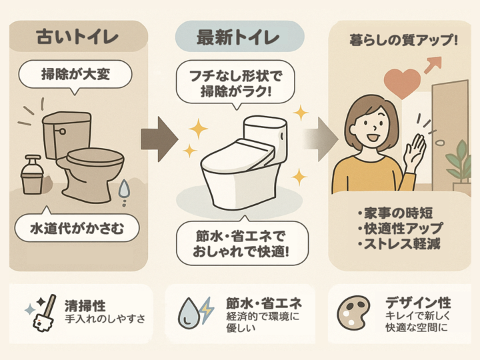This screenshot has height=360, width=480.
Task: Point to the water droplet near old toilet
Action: point(124,191)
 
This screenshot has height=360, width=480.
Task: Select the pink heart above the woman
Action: point(402,84)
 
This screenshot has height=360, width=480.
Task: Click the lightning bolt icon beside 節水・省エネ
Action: point(206,310)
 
